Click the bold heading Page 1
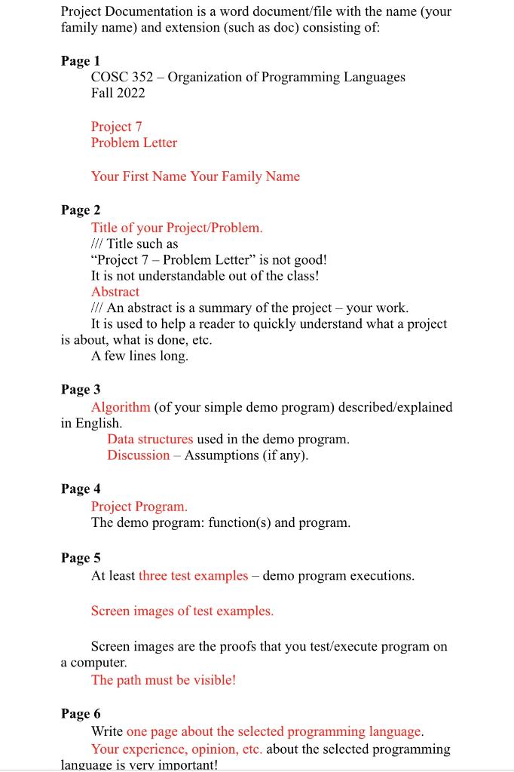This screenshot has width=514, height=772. [81, 60]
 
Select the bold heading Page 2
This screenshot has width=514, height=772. [81, 210]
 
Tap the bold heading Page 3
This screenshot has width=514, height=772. [81, 389]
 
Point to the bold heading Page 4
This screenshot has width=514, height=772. [81, 489]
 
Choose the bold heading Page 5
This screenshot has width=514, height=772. [81, 558]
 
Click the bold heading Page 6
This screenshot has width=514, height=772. [81, 713]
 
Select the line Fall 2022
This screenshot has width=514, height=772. [118, 93]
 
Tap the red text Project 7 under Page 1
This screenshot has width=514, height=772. [116, 127]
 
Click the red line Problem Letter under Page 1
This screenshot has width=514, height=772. [134, 142]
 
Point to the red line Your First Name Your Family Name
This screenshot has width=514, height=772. [195, 176]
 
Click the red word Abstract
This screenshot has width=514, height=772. [115, 292]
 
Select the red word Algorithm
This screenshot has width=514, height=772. [121, 407]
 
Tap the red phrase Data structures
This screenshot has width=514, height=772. [150, 439]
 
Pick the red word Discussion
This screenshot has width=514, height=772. [138, 455]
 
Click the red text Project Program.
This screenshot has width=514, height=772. [139, 507]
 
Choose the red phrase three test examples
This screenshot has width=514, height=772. [193, 576]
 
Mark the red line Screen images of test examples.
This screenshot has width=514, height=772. [182, 611]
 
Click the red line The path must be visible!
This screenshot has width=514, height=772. [164, 680]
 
